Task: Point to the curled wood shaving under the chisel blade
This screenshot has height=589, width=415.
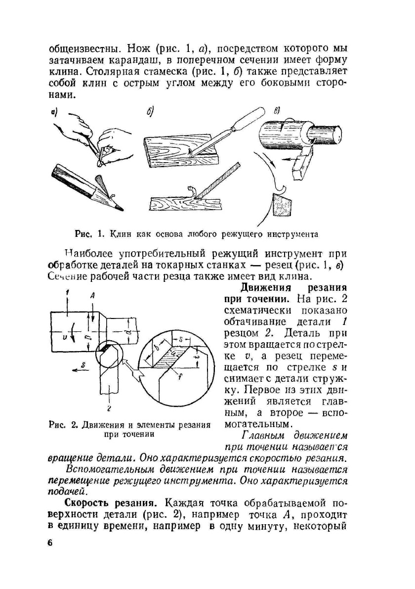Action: (190, 191)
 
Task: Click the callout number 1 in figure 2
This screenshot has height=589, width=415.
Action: (66, 293)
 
